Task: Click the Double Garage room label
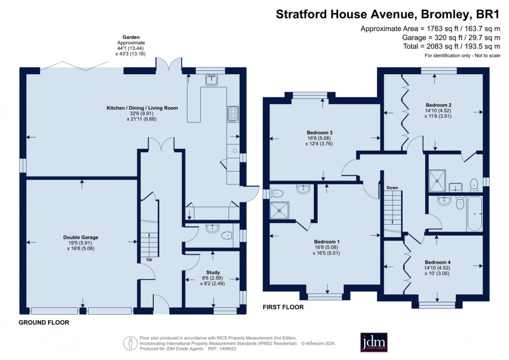pyautogui.click(x=80, y=238)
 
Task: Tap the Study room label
pyautogui.click(x=213, y=272)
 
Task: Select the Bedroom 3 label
pyautogui.click(x=320, y=132)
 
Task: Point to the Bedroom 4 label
pyautogui.click(x=438, y=262)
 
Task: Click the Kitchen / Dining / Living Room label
pyautogui.click(x=142, y=108)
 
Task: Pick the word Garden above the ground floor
pyautogui.click(x=131, y=37)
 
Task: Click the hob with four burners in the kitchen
pyautogui.click(x=233, y=114)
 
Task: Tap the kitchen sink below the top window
pyautogui.click(x=212, y=80)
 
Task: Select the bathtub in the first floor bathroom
pyautogui.click(x=475, y=213)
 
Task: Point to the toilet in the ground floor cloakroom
pyautogui.click(x=226, y=235)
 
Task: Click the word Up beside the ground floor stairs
pyautogui.click(x=149, y=260)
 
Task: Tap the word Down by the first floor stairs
pyautogui.click(x=392, y=188)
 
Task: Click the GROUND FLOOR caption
pyautogui.click(x=44, y=323)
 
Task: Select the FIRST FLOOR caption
pyautogui.click(x=283, y=307)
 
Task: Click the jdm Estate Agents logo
pyautogui.click(x=374, y=342)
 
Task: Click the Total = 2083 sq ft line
pyautogui.click(x=451, y=46)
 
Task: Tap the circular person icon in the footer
pyautogui.click(x=130, y=343)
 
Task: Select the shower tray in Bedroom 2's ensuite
pyautogui.click(x=437, y=181)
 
